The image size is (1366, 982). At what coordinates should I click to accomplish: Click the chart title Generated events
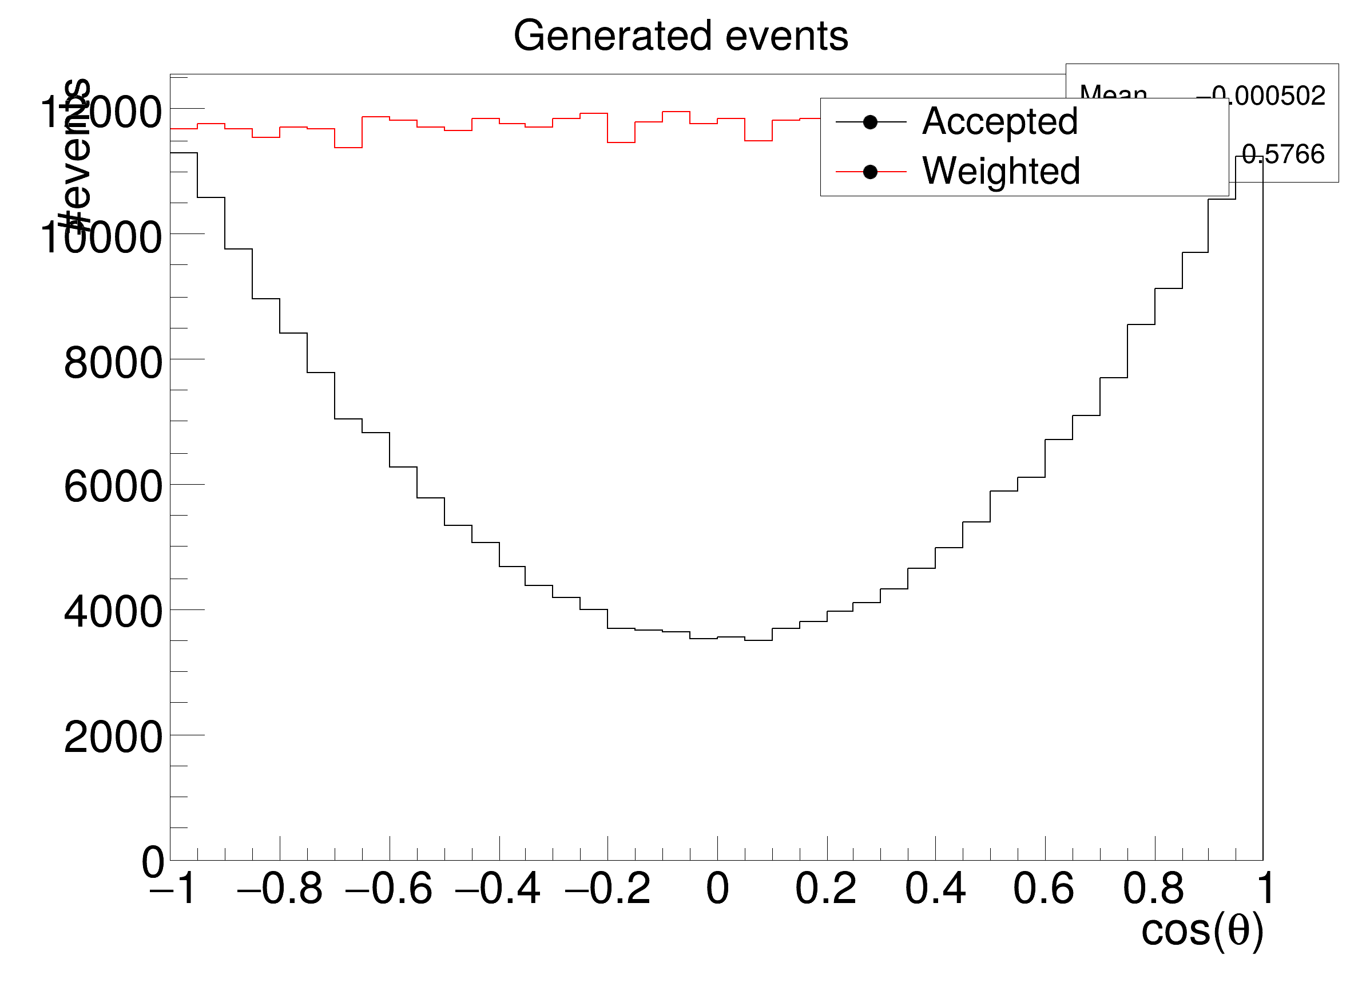681,36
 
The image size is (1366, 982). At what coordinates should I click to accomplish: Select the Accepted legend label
1000,122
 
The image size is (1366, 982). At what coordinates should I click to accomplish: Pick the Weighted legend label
1001,172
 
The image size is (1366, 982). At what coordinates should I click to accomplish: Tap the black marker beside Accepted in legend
869,122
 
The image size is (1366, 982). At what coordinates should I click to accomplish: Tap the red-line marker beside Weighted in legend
869,172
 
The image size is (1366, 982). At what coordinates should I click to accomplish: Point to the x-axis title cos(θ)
1202,931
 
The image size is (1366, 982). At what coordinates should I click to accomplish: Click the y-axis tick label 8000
113,363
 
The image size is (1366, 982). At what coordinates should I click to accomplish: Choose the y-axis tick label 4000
113,613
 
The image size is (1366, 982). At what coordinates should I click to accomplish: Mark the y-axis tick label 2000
113,738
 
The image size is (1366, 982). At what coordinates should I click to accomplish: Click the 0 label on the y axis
152,863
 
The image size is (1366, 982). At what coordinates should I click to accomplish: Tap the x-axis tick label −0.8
280,889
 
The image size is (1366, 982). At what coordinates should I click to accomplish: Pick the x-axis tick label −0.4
498,889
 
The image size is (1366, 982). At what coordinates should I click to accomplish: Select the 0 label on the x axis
717,889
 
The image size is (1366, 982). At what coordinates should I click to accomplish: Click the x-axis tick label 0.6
1044,889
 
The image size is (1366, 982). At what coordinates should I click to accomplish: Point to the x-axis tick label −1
172,889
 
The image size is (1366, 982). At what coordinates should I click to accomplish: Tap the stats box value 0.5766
1283,155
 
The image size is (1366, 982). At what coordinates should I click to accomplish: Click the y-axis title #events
76,157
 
